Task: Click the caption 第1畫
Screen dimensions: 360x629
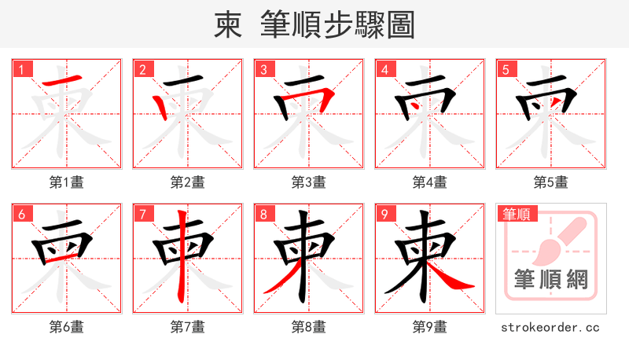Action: click(67, 182)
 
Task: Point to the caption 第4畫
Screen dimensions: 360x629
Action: click(429, 182)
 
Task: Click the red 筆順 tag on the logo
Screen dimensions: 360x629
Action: click(518, 213)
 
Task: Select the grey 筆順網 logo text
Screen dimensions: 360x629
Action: click(550, 279)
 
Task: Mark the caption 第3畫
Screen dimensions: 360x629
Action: click(308, 182)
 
